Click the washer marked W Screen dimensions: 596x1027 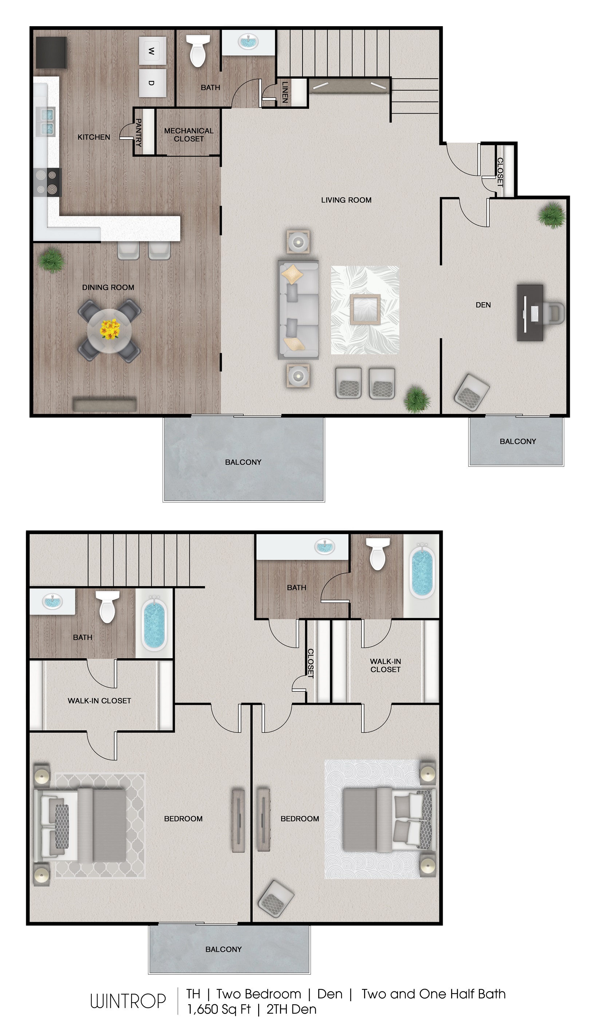pos(152,51)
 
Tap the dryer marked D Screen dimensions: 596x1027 pos(152,83)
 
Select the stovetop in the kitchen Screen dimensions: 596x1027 pos(47,182)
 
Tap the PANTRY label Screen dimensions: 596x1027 pos(139,133)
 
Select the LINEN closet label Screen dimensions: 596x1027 pos(285,92)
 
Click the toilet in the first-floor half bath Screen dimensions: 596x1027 pos(198,51)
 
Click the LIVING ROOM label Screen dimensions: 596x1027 pos(346,200)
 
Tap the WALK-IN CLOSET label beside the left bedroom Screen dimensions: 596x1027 pos(99,700)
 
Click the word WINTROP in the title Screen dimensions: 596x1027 pos(128,1001)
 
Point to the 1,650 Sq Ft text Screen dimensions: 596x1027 pos(219,1009)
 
